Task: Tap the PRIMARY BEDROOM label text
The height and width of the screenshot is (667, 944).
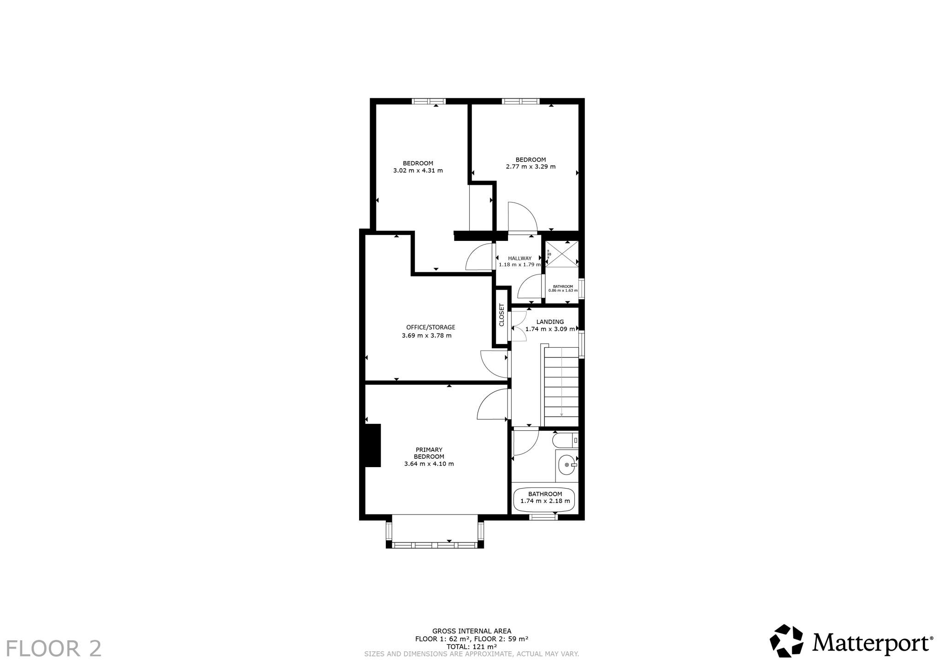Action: (429, 453)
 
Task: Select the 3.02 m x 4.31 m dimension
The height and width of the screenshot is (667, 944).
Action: (418, 170)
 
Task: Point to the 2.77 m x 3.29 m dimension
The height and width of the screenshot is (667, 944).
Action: (531, 167)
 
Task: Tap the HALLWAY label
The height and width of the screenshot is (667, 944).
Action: (520, 258)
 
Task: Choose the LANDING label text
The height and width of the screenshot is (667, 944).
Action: (550, 322)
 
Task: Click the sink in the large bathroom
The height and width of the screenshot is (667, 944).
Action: (567, 465)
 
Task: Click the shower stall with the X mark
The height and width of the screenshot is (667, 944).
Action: (562, 253)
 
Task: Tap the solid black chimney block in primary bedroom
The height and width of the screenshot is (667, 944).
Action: (373, 445)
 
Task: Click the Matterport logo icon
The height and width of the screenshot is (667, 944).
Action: (787, 641)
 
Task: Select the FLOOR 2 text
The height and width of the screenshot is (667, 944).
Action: (53, 649)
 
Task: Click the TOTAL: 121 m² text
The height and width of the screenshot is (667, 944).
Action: (472, 647)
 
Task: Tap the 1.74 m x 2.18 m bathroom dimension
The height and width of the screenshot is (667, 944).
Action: (545, 501)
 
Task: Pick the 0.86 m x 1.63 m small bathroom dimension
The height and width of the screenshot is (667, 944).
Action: (563, 291)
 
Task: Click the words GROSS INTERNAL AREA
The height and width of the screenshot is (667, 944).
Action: (472, 631)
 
